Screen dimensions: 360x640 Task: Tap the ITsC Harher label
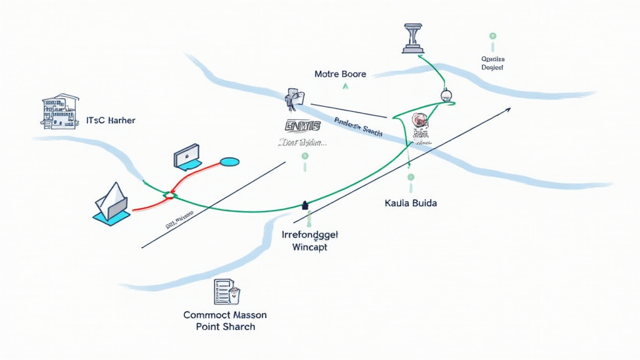pos(111,120)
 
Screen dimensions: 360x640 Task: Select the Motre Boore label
pos(340,74)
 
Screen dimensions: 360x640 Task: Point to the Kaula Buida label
pos(411,204)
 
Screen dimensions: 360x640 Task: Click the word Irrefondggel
pos(310,235)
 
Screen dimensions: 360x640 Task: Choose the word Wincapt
pos(310,247)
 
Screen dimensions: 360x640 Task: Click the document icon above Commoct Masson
pos(226,292)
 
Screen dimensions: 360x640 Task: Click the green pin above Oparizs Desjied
pos(492,37)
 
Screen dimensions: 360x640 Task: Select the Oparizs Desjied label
pos(492,63)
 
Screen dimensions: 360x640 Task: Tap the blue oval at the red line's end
pos(230,162)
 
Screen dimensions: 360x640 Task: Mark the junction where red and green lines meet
pos(169,196)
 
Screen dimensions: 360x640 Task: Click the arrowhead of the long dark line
pos(507,110)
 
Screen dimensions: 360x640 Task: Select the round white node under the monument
pos(446,96)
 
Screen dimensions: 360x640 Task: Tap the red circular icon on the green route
pos(419,120)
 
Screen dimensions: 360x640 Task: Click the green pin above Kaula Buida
pos(411,177)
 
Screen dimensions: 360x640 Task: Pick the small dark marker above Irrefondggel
pos(305,204)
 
